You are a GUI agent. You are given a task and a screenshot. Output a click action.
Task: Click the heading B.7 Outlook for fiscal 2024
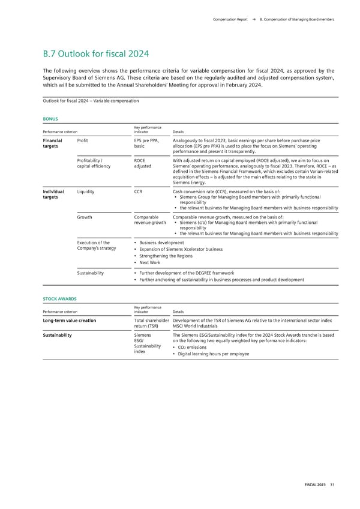(95, 54)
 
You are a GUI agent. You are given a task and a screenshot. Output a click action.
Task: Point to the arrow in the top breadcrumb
(255, 20)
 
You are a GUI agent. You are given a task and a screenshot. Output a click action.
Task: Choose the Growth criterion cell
(85, 218)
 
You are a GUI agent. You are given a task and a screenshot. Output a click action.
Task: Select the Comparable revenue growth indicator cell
(150, 221)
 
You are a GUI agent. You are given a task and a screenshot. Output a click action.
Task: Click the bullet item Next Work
(149, 263)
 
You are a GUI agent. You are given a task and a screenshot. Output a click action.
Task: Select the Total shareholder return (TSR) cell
(151, 324)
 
